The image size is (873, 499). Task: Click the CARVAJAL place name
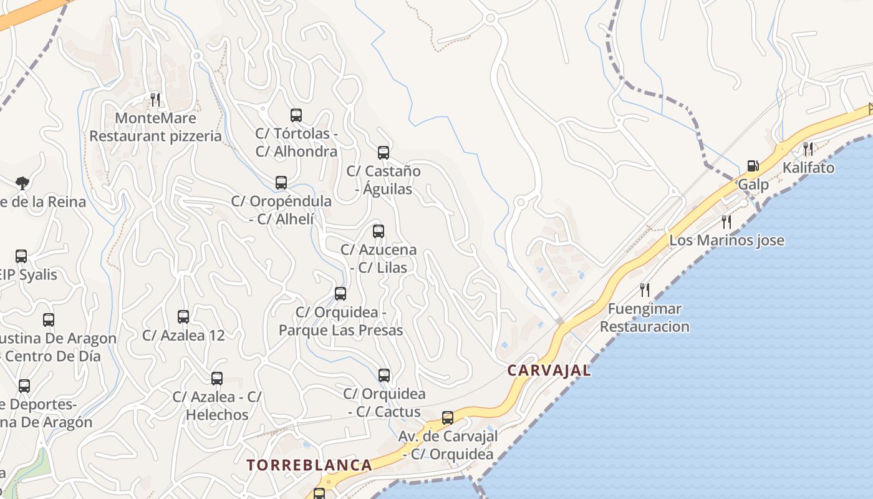[x=549, y=371]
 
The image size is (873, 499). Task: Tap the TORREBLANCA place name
[x=309, y=465]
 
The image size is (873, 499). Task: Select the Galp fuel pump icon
[x=753, y=166]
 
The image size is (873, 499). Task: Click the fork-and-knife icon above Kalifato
[x=808, y=148]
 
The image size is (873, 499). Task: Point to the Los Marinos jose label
[x=726, y=240]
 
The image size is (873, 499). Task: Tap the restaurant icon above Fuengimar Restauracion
[x=645, y=289]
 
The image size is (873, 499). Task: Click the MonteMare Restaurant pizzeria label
[x=156, y=127]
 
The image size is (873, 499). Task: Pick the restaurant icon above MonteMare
[x=155, y=99]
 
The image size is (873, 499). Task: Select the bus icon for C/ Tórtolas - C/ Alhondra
[x=296, y=115]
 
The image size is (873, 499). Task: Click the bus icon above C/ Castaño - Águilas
[x=383, y=153]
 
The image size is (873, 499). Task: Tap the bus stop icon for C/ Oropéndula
[x=281, y=183]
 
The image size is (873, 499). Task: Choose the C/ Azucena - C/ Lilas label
[x=379, y=258]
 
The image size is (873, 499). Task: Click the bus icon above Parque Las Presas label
[x=340, y=294]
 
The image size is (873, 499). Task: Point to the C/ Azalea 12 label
[x=183, y=335]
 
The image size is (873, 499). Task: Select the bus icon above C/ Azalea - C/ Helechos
[x=217, y=379]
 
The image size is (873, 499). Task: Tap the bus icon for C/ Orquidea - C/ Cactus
[x=384, y=375]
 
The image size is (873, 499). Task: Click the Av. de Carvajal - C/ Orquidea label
[x=448, y=445]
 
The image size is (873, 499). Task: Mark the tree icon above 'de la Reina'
[x=22, y=183]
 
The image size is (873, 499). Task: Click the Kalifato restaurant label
[x=808, y=168]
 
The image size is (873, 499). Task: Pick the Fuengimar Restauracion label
[x=645, y=317]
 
